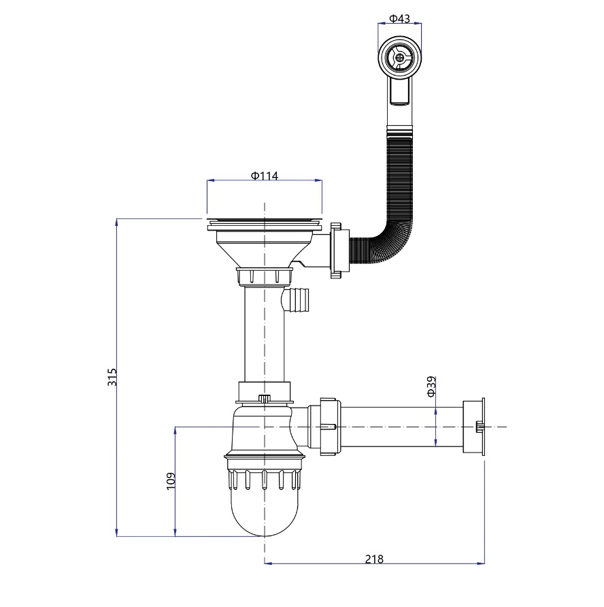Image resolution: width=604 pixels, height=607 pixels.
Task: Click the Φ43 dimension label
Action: pyautogui.click(x=399, y=18)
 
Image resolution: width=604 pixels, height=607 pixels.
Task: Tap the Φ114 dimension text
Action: pyautogui.click(x=265, y=176)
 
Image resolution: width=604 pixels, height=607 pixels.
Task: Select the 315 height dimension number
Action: pyautogui.click(x=112, y=377)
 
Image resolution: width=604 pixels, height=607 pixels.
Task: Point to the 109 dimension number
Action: pyautogui.click(x=171, y=481)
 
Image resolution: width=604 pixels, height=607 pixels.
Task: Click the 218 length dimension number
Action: pyautogui.click(x=374, y=559)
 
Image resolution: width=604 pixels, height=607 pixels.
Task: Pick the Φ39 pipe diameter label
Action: pyautogui.click(x=431, y=387)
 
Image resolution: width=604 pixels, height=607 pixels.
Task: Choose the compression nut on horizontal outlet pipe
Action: pyautogui.click(x=330, y=426)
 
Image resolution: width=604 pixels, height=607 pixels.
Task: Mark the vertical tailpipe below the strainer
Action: pyautogui.click(x=265, y=334)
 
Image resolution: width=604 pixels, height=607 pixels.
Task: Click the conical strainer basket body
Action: pyautogui.click(x=265, y=247)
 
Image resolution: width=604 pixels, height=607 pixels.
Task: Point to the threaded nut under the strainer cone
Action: pyautogui.click(x=265, y=276)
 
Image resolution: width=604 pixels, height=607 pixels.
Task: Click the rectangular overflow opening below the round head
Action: pyautogui.click(x=400, y=90)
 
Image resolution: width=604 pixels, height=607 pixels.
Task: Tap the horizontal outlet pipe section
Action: pyautogui.click(x=402, y=427)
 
